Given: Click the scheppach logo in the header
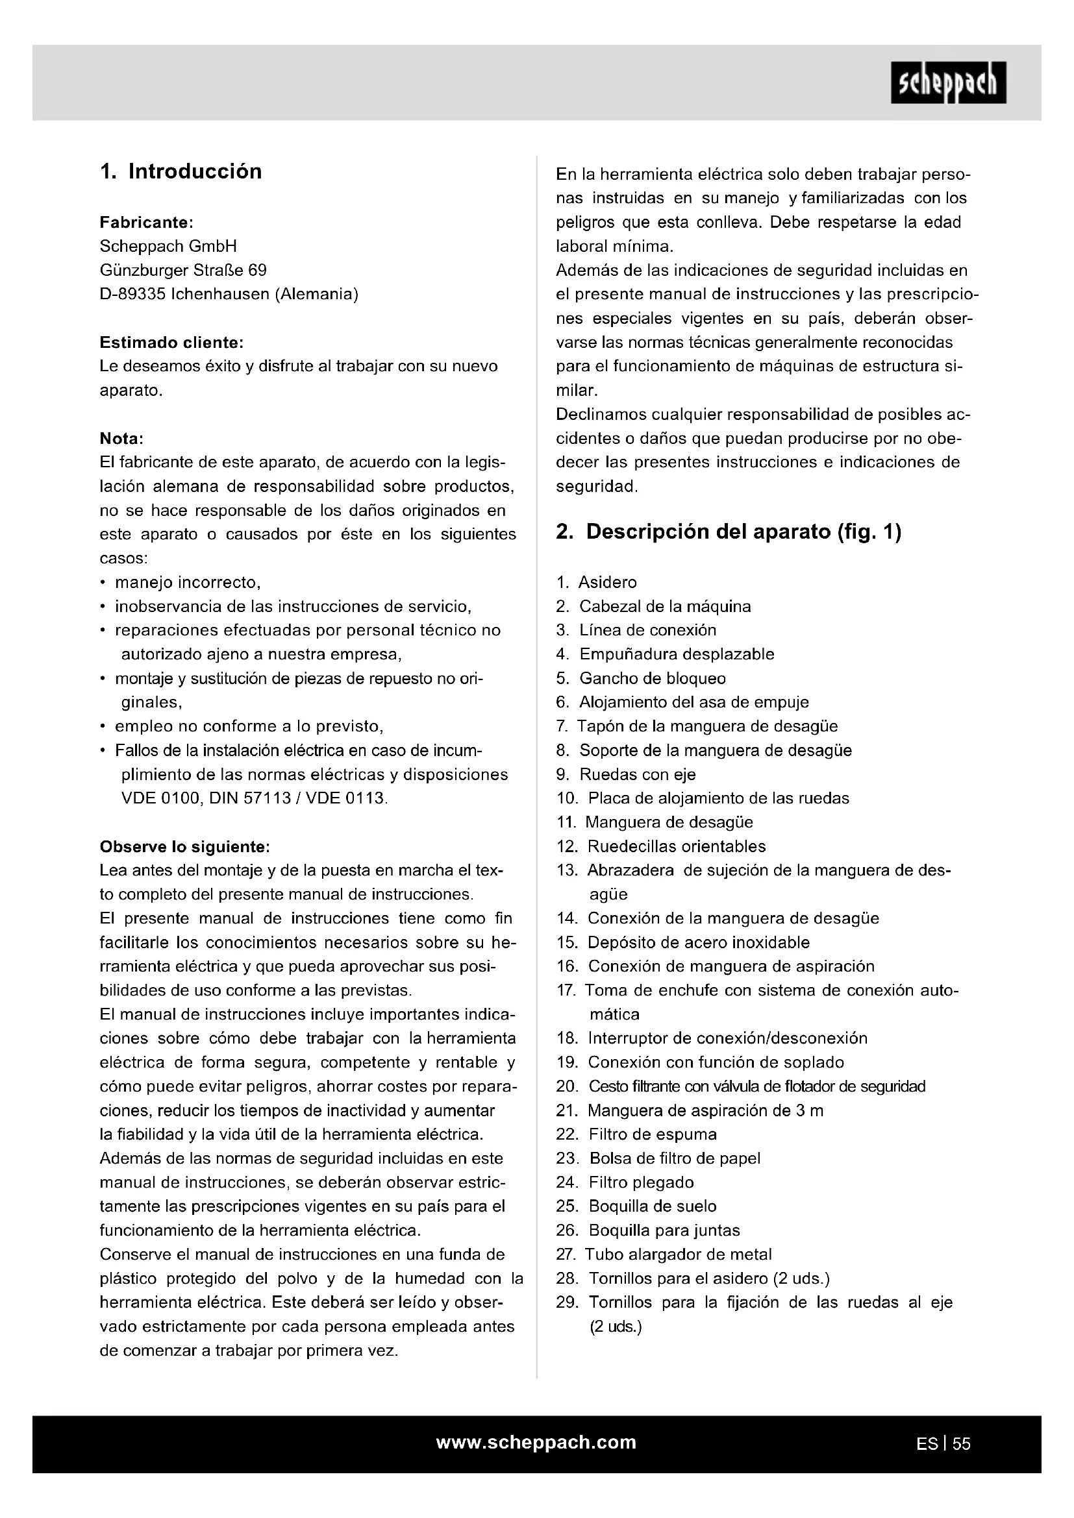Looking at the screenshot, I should click(947, 82).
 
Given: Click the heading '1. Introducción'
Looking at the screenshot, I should click(181, 171).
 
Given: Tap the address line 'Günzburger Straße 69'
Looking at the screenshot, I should click(183, 270).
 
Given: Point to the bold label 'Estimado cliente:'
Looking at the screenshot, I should click(171, 343).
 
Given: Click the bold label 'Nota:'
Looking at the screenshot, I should click(121, 438).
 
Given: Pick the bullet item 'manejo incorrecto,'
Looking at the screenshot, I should click(188, 582).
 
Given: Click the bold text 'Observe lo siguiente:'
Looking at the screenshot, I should click(184, 846).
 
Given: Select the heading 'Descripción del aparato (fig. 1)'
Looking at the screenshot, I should click(729, 532).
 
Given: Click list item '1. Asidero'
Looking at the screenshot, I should click(597, 582).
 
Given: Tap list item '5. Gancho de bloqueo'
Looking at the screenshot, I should click(641, 678).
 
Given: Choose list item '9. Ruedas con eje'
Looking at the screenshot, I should click(625, 774).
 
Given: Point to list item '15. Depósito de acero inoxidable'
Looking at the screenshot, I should click(683, 942).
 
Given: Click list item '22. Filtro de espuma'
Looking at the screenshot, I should click(636, 1134).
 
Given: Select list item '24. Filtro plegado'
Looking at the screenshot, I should click(625, 1182).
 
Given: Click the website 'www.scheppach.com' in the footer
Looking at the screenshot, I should click(536, 1442).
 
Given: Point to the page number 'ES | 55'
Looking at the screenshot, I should click(943, 1444).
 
